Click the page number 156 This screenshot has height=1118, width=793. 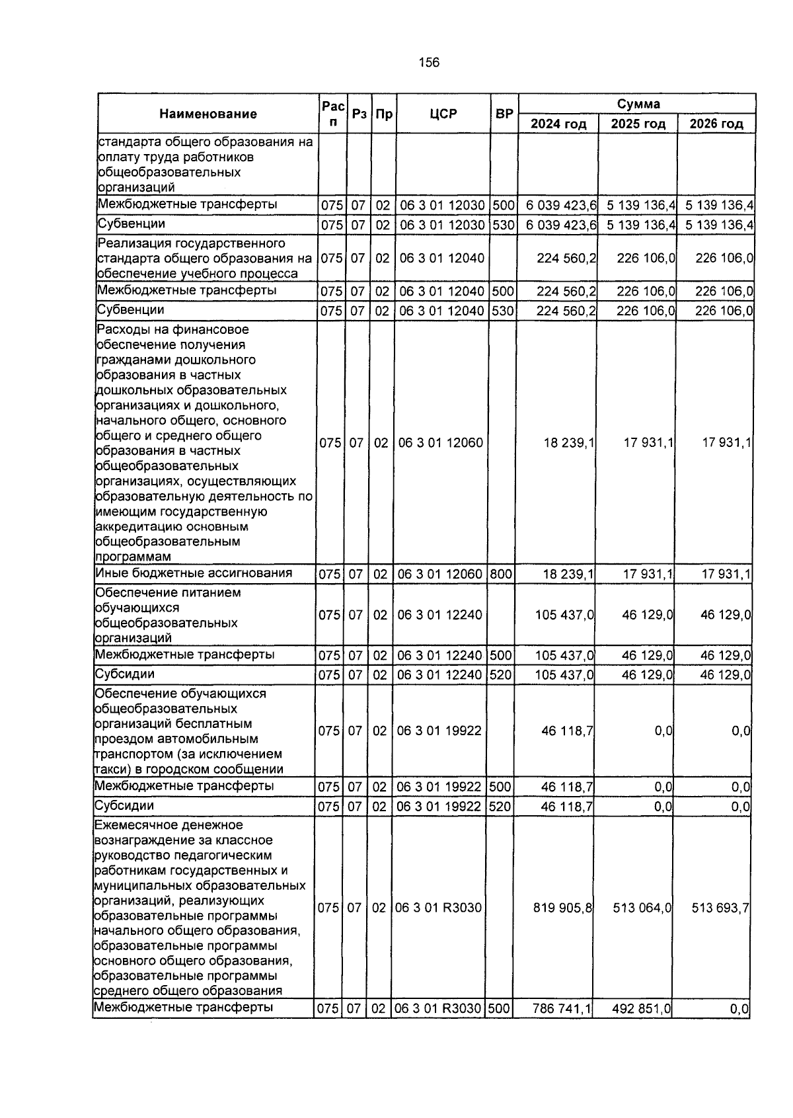click(x=429, y=63)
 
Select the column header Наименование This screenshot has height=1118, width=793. click(x=208, y=114)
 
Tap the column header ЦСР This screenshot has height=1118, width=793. click(x=443, y=114)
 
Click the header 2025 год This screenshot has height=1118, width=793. click(x=638, y=124)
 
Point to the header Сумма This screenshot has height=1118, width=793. click(x=638, y=104)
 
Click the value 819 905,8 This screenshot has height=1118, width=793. click(x=563, y=908)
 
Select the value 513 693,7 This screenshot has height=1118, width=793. click(x=720, y=908)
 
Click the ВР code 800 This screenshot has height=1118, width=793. click(x=501, y=574)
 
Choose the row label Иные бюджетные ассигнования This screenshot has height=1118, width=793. click(x=194, y=573)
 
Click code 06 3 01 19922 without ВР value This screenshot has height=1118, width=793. click(x=439, y=731)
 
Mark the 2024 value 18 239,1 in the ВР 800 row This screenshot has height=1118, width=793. click(x=568, y=574)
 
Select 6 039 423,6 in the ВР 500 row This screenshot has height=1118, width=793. click(x=561, y=205)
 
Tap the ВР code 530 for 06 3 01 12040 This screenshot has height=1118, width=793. click(x=503, y=310)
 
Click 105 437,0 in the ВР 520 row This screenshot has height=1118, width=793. click(x=564, y=675)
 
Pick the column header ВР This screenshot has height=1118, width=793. click(x=504, y=114)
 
